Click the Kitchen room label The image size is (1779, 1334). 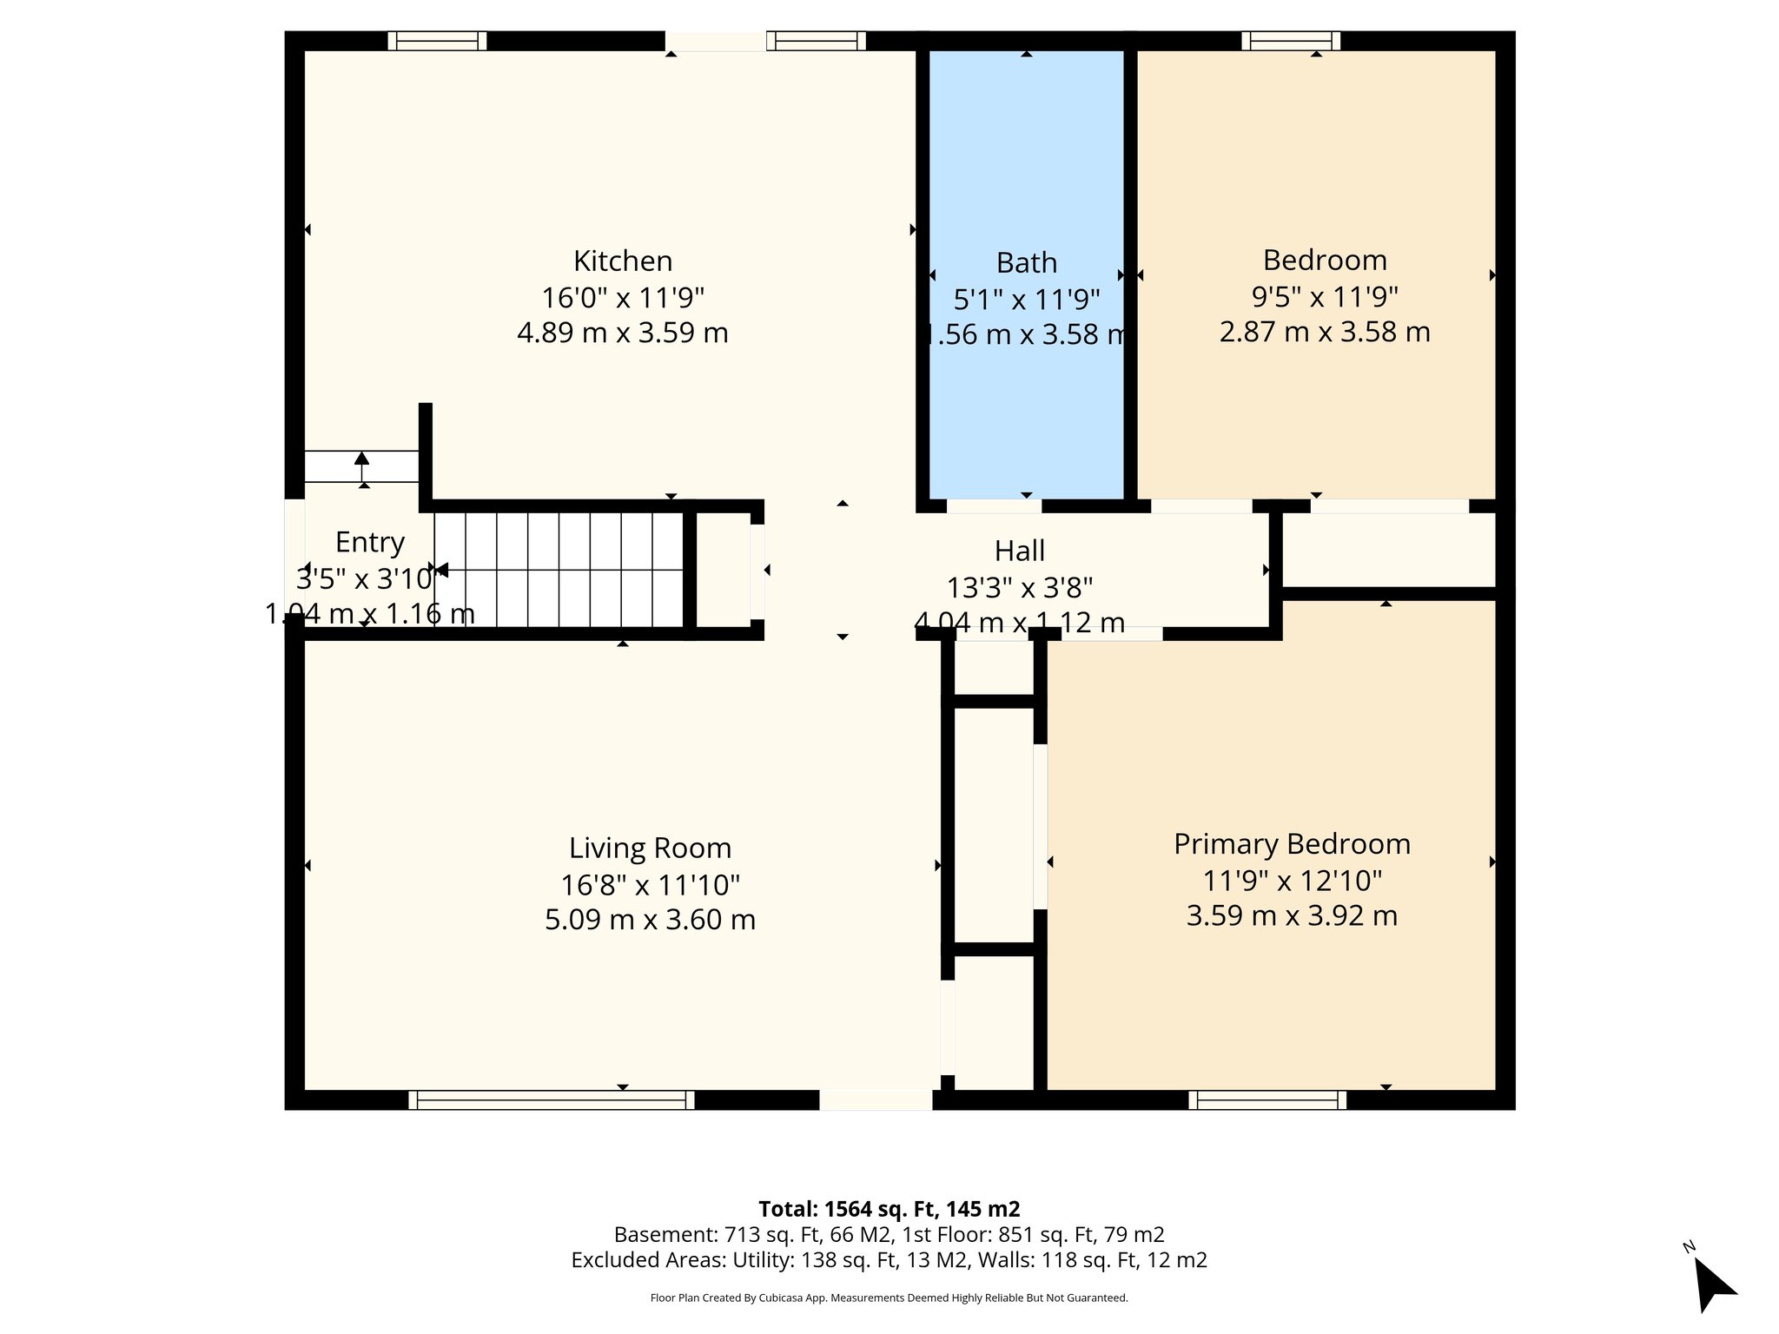(622, 261)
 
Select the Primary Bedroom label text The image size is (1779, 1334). (1292, 843)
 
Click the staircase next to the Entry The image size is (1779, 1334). (559, 569)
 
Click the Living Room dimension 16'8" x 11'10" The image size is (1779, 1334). (650, 884)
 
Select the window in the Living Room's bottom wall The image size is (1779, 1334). (552, 1100)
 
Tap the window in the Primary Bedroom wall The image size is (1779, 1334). (1267, 1100)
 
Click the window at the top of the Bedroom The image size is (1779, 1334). (1291, 41)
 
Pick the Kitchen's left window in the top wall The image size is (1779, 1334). (437, 41)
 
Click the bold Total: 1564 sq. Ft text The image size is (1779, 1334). (889, 1209)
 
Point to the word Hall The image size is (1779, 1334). (1019, 551)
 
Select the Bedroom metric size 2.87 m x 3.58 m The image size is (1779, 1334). (1324, 332)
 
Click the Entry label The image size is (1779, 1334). (370, 542)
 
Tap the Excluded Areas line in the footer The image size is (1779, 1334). (889, 1260)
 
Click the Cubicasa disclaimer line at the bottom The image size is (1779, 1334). (889, 1298)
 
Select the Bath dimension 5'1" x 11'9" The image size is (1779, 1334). (1026, 300)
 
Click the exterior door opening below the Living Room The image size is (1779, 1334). (876, 1100)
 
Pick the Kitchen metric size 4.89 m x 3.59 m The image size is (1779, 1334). (622, 333)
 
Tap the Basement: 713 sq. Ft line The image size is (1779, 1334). (889, 1234)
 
